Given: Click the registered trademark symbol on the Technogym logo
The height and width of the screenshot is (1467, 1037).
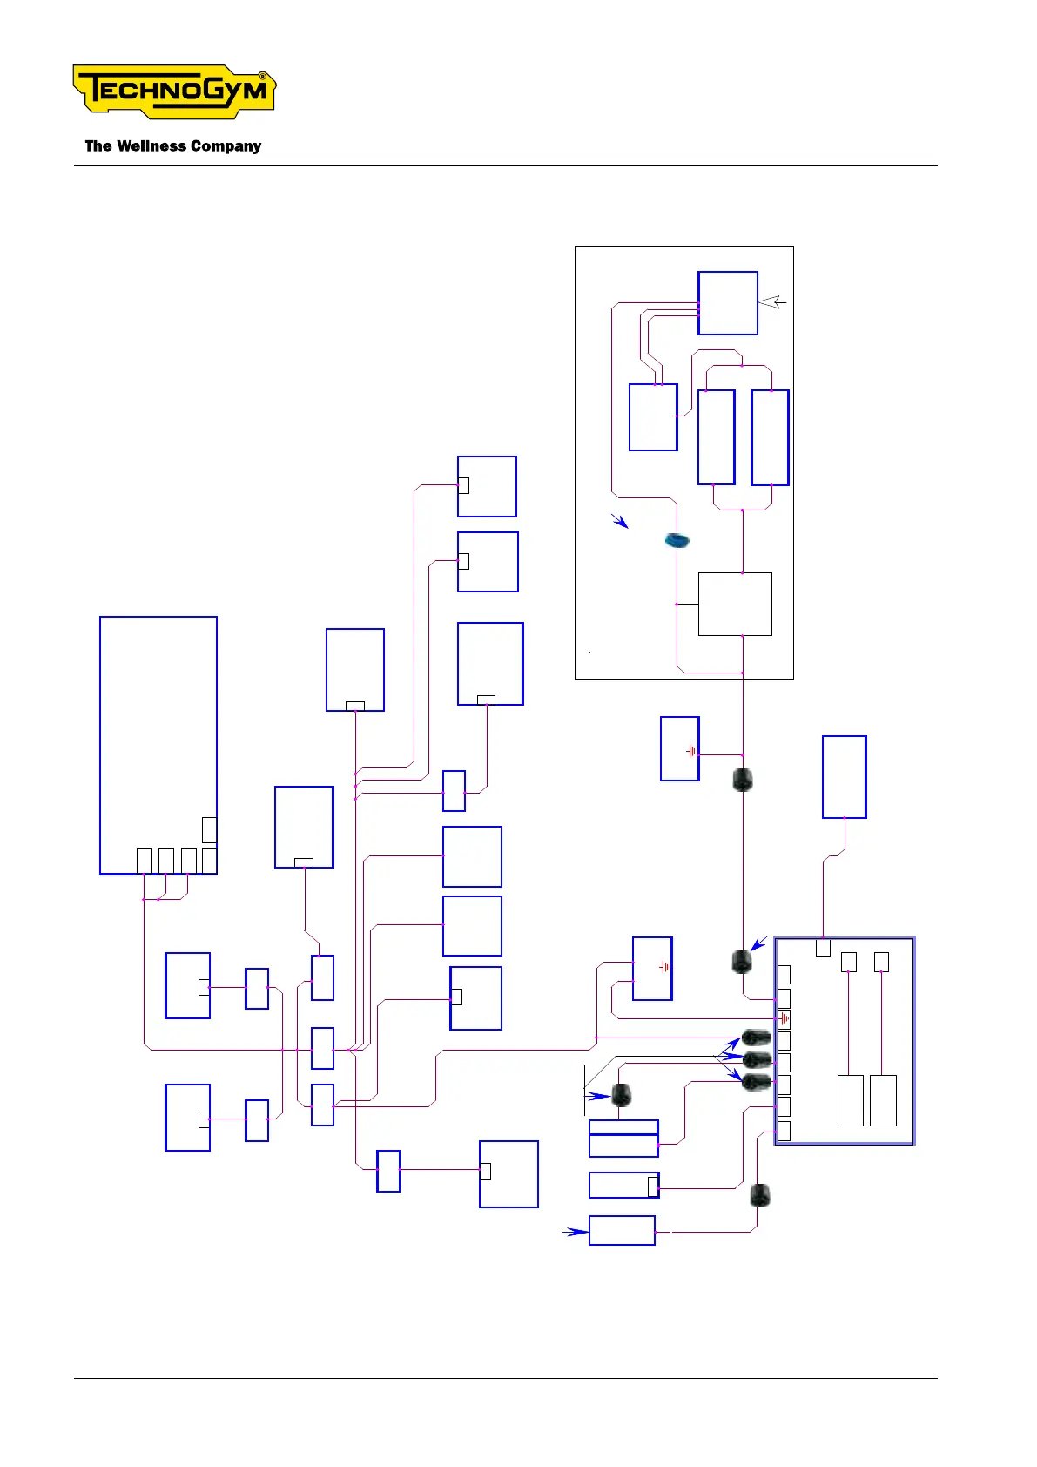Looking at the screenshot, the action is [264, 77].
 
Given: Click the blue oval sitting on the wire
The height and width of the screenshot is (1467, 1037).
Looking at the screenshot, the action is [677, 541].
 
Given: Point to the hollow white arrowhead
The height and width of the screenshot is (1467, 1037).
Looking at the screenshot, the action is [771, 302].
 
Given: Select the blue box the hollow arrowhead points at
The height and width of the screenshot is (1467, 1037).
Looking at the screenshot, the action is [727, 303].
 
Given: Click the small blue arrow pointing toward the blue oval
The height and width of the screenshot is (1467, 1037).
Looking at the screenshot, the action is [619, 521].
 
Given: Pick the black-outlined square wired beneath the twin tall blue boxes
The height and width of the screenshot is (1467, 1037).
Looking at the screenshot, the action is [735, 604].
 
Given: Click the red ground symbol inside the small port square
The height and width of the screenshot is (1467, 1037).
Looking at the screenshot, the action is [784, 1018].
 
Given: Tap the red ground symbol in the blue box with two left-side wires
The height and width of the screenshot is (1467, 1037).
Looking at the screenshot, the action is [663, 967].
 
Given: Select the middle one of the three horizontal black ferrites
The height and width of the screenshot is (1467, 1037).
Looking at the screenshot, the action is [757, 1060].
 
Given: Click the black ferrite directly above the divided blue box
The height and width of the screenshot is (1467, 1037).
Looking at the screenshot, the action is [621, 1095].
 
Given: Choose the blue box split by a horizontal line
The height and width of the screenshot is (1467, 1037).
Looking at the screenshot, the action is [623, 1139].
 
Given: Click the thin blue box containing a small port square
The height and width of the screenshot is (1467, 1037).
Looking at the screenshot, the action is [623, 1186].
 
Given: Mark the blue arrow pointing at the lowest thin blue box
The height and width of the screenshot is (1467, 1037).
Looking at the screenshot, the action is [575, 1232].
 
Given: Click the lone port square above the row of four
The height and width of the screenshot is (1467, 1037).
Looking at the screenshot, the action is [209, 830].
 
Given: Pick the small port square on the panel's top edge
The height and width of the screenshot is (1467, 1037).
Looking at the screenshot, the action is [823, 948].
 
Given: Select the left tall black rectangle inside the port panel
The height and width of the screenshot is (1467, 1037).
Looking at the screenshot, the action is [850, 1100].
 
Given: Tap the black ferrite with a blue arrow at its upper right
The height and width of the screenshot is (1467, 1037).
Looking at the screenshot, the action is [741, 962].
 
